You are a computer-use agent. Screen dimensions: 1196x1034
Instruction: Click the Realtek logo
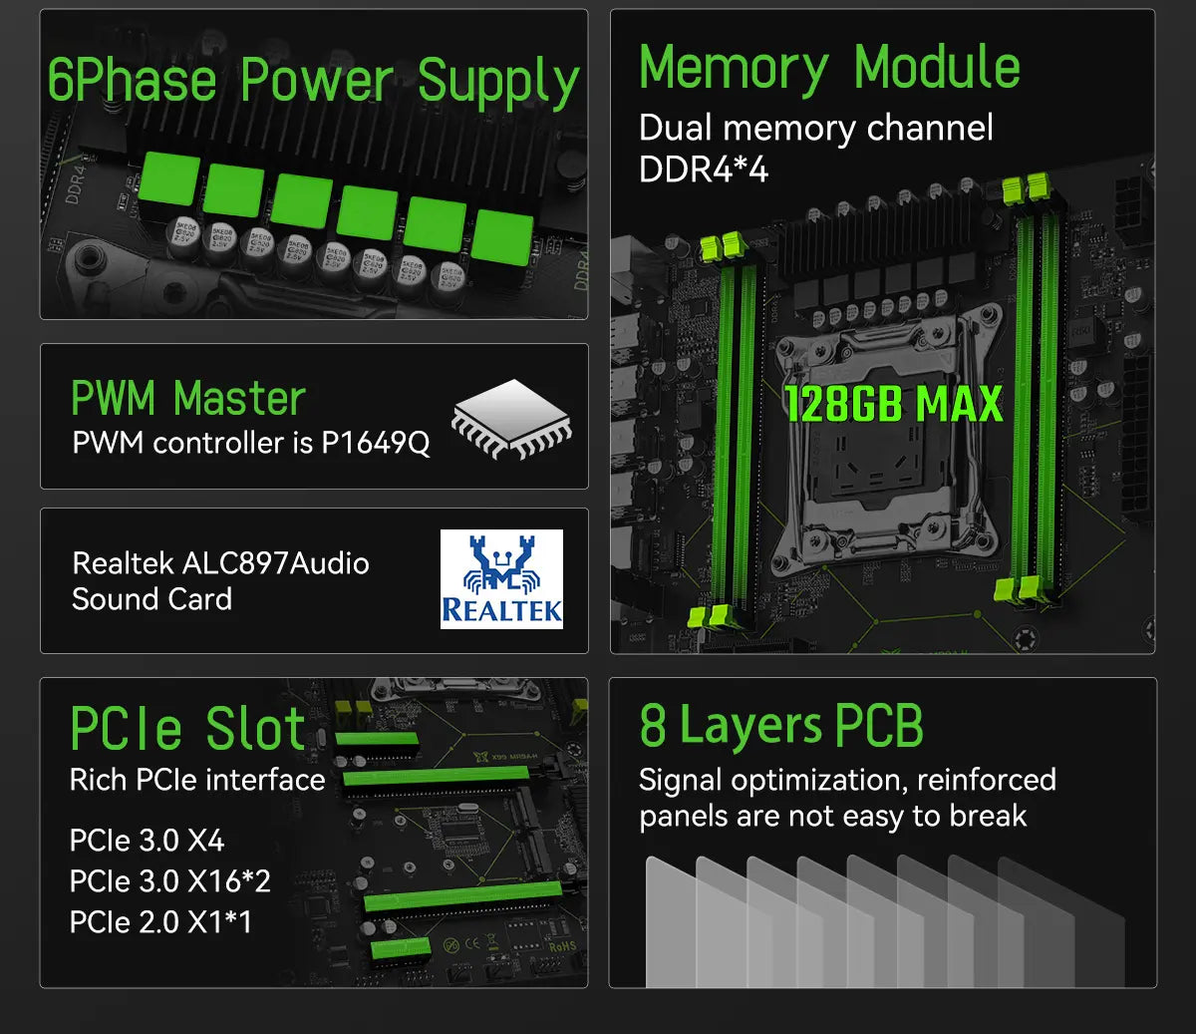click(501, 579)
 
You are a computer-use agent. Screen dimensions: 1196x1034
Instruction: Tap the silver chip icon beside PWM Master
click(511, 419)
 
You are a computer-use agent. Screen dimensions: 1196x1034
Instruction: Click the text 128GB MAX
click(894, 404)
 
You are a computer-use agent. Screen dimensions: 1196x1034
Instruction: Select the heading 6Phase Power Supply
click(313, 81)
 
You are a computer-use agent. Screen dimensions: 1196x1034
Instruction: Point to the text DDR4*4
click(703, 170)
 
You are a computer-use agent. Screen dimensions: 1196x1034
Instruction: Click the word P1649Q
click(376, 444)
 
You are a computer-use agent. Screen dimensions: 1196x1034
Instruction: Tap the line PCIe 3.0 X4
click(147, 841)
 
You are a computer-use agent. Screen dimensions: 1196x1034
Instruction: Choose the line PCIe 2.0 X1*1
click(160, 922)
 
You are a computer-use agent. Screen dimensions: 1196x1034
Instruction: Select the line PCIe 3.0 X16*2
click(170, 881)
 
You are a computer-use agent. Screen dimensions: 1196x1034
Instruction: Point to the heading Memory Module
click(829, 69)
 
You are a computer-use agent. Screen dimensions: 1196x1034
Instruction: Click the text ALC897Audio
click(275, 563)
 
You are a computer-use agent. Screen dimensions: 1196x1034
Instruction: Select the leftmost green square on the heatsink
click(169, 178)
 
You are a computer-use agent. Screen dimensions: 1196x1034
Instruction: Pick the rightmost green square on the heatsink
click(501, 236)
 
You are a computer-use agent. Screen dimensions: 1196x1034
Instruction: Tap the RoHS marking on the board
click(562, 946)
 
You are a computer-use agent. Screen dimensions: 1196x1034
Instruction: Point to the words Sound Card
click(151, 599)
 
